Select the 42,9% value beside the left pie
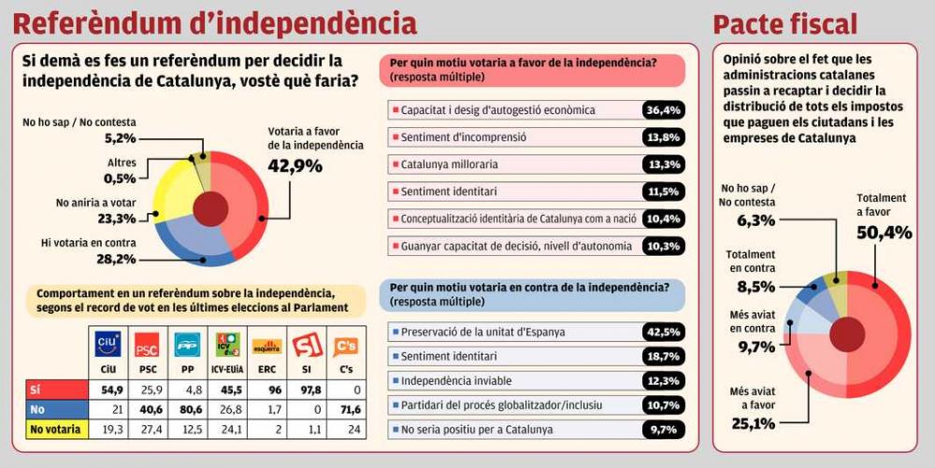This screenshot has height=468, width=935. tap(295, 166)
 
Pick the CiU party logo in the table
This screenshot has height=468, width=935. tap(108, 345)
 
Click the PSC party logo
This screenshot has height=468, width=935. tap(147, 345)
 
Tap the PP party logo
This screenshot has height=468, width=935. tap(187, 345)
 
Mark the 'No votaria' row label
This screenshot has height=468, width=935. tap(53, 429)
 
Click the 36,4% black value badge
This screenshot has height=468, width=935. tap(662, 110)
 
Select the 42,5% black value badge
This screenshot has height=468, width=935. tap(662, 332)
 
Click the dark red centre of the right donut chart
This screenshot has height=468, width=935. tap(847, 334)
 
